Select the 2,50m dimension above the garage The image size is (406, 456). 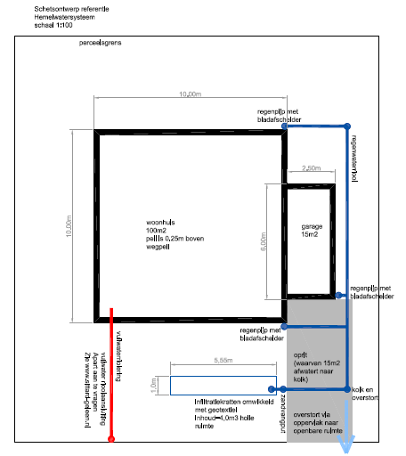(312, 168)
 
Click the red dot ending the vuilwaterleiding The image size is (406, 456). (110, 439)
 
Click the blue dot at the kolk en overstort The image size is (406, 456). (346, 390)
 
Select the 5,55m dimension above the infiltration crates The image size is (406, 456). (223, 361)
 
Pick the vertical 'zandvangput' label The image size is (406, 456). (283, 413)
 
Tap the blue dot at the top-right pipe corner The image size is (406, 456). (347, 126)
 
